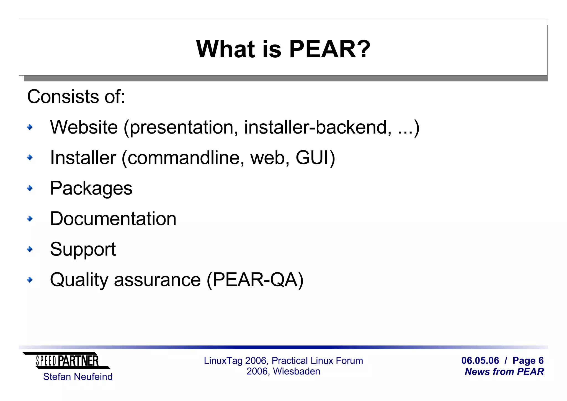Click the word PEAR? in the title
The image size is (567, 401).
(x=329, y=49)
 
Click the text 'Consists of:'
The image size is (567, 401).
(x=76, y=96)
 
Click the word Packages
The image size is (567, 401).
(x=91, y=188)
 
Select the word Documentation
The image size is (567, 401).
(x=113, y=219)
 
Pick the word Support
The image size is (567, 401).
(x=83, y=249)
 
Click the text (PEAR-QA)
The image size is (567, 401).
(x=255, y=280)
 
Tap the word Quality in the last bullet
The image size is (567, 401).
(x=79, y=280)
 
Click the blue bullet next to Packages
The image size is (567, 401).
(x=30, y=188)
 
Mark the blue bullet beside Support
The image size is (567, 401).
(x=30, y=249)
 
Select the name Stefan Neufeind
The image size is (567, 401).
(x=78, y=377)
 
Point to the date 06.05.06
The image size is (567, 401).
(x=480, y=361)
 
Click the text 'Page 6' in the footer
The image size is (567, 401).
(x=528, y=361)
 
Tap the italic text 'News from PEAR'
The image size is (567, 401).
(x=504, y=372)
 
